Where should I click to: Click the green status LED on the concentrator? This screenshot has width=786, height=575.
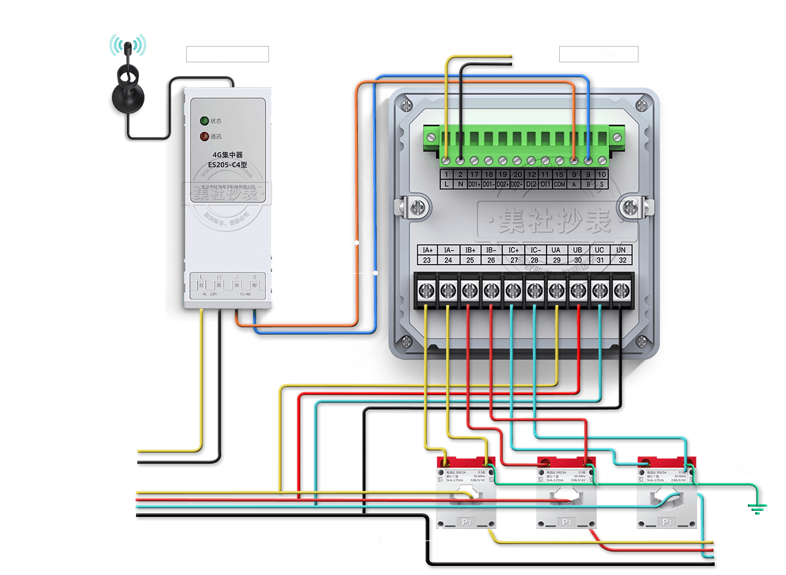[x=204, y=121]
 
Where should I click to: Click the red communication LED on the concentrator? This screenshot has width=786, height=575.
[x=204, y=137]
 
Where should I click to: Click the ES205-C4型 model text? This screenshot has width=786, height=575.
[x=227, y=165]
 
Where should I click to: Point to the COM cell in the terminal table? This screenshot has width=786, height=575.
[x=559, y=184]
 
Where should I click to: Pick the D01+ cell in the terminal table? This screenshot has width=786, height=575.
[x=474, y=184]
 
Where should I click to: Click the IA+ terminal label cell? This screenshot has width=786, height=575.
[x=427, y=250]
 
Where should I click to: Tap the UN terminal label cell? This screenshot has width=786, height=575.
[x=621, y=250]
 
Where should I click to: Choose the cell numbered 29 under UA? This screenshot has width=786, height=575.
[x=556, y=260]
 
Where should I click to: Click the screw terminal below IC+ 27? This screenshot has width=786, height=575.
[x=513, y=291]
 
